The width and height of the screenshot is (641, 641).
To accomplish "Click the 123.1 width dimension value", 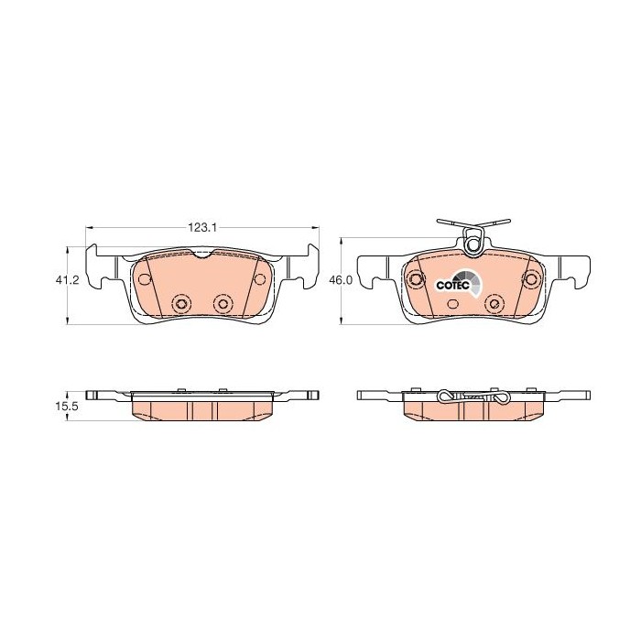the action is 202,227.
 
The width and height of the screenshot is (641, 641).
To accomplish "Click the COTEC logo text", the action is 452,286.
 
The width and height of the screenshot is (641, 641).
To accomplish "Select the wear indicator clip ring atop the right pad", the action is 474,244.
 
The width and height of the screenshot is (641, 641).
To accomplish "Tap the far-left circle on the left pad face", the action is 145,279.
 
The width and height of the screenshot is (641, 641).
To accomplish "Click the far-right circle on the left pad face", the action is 259,279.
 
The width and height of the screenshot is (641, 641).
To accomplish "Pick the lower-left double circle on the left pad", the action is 181,303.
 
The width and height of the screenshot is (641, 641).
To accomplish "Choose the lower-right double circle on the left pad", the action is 223,303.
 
